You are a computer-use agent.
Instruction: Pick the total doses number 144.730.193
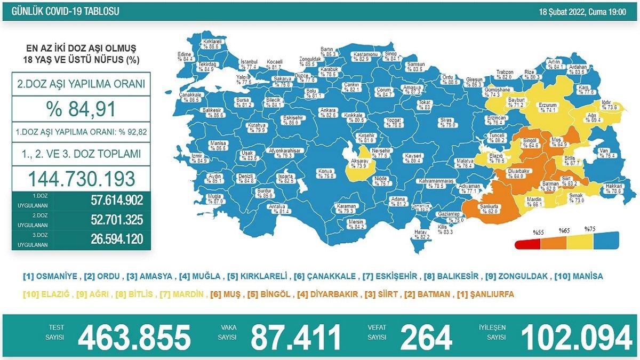point(82,177)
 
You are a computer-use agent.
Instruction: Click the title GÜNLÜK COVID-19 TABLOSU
point(62,11)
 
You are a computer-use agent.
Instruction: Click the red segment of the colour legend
point(528,245)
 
